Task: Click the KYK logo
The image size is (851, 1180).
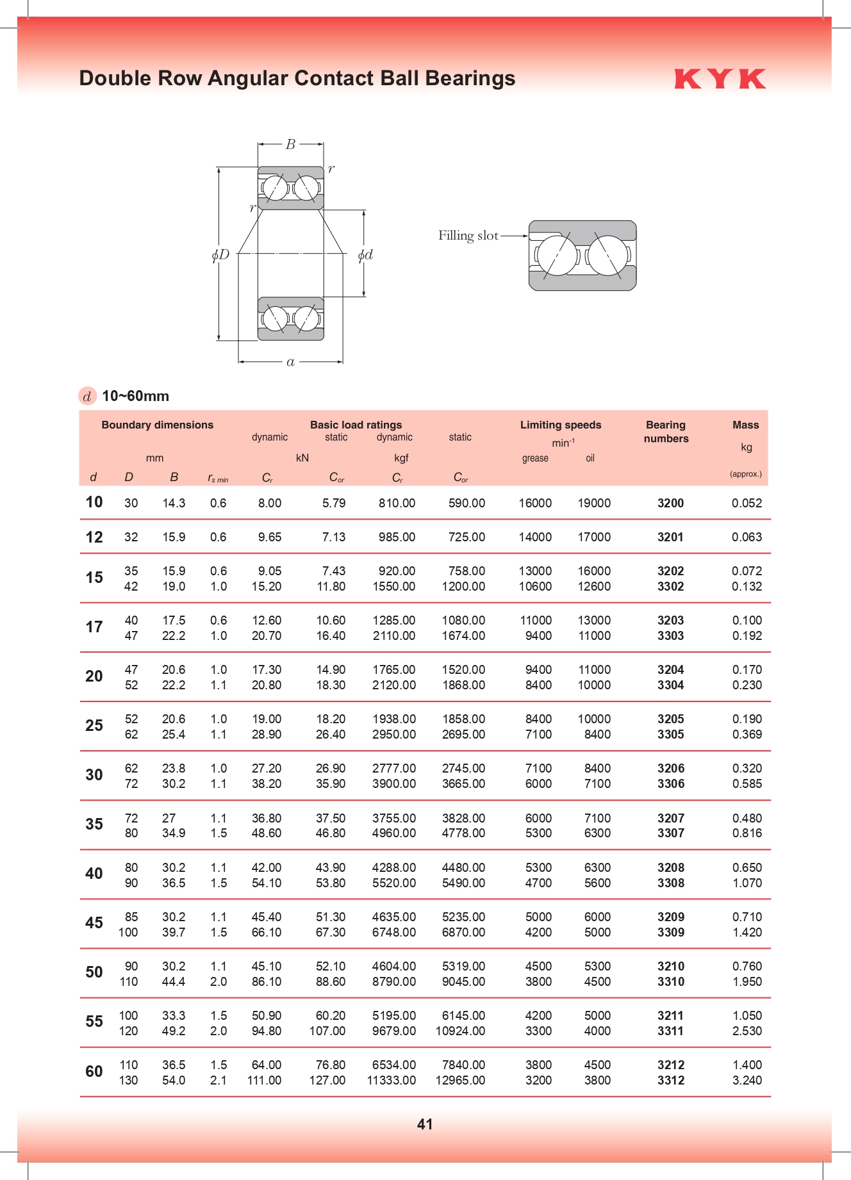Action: pyautogui.click(x=720, y=79)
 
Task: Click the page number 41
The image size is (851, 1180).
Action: pyautogui.click(x=425, y=1124)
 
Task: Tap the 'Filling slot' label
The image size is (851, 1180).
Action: pyautogui.click(x=468, y=236)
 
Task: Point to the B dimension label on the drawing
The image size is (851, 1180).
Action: pyautogui.click(x=290, y=145)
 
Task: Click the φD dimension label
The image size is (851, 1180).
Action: pyautogui.click(x=220, y=255)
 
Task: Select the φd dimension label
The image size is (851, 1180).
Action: pyautogui.click(x=365, y=255)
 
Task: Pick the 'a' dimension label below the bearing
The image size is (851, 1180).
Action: pyautogui.click(x=290, y=363)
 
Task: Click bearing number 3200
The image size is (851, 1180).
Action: pyautogui.click(x=670, y=503)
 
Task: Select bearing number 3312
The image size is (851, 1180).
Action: pyautogui.click(x=670, y=1080)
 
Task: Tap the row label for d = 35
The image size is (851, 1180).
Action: pyautogui.click(x=94, y=824)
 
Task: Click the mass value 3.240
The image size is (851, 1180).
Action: pyautogui.click(x=747, y=1080)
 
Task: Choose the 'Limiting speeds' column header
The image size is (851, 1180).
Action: pyautogui.click(x=560, y=425)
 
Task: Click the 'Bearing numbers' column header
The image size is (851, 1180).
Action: pyautogui.click(x=666, y=432)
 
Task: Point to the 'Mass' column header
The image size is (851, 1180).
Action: pyautogui.click(x=745, y=425)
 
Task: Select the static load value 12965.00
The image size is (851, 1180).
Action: pyautogui.click(x=460, y=1080)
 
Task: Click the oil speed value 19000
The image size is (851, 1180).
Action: pyautogui.click(x=594, y=503)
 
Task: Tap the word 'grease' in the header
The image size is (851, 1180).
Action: pyautogui.click(x=535, y=458)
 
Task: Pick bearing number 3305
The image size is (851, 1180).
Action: pyautogui.click(x=670, y=734)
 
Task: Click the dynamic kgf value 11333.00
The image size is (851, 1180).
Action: pyautogui.click(x=391, y=1080)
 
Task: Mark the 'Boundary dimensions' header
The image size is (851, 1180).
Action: pyautogui.click(x=157, y=425)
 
